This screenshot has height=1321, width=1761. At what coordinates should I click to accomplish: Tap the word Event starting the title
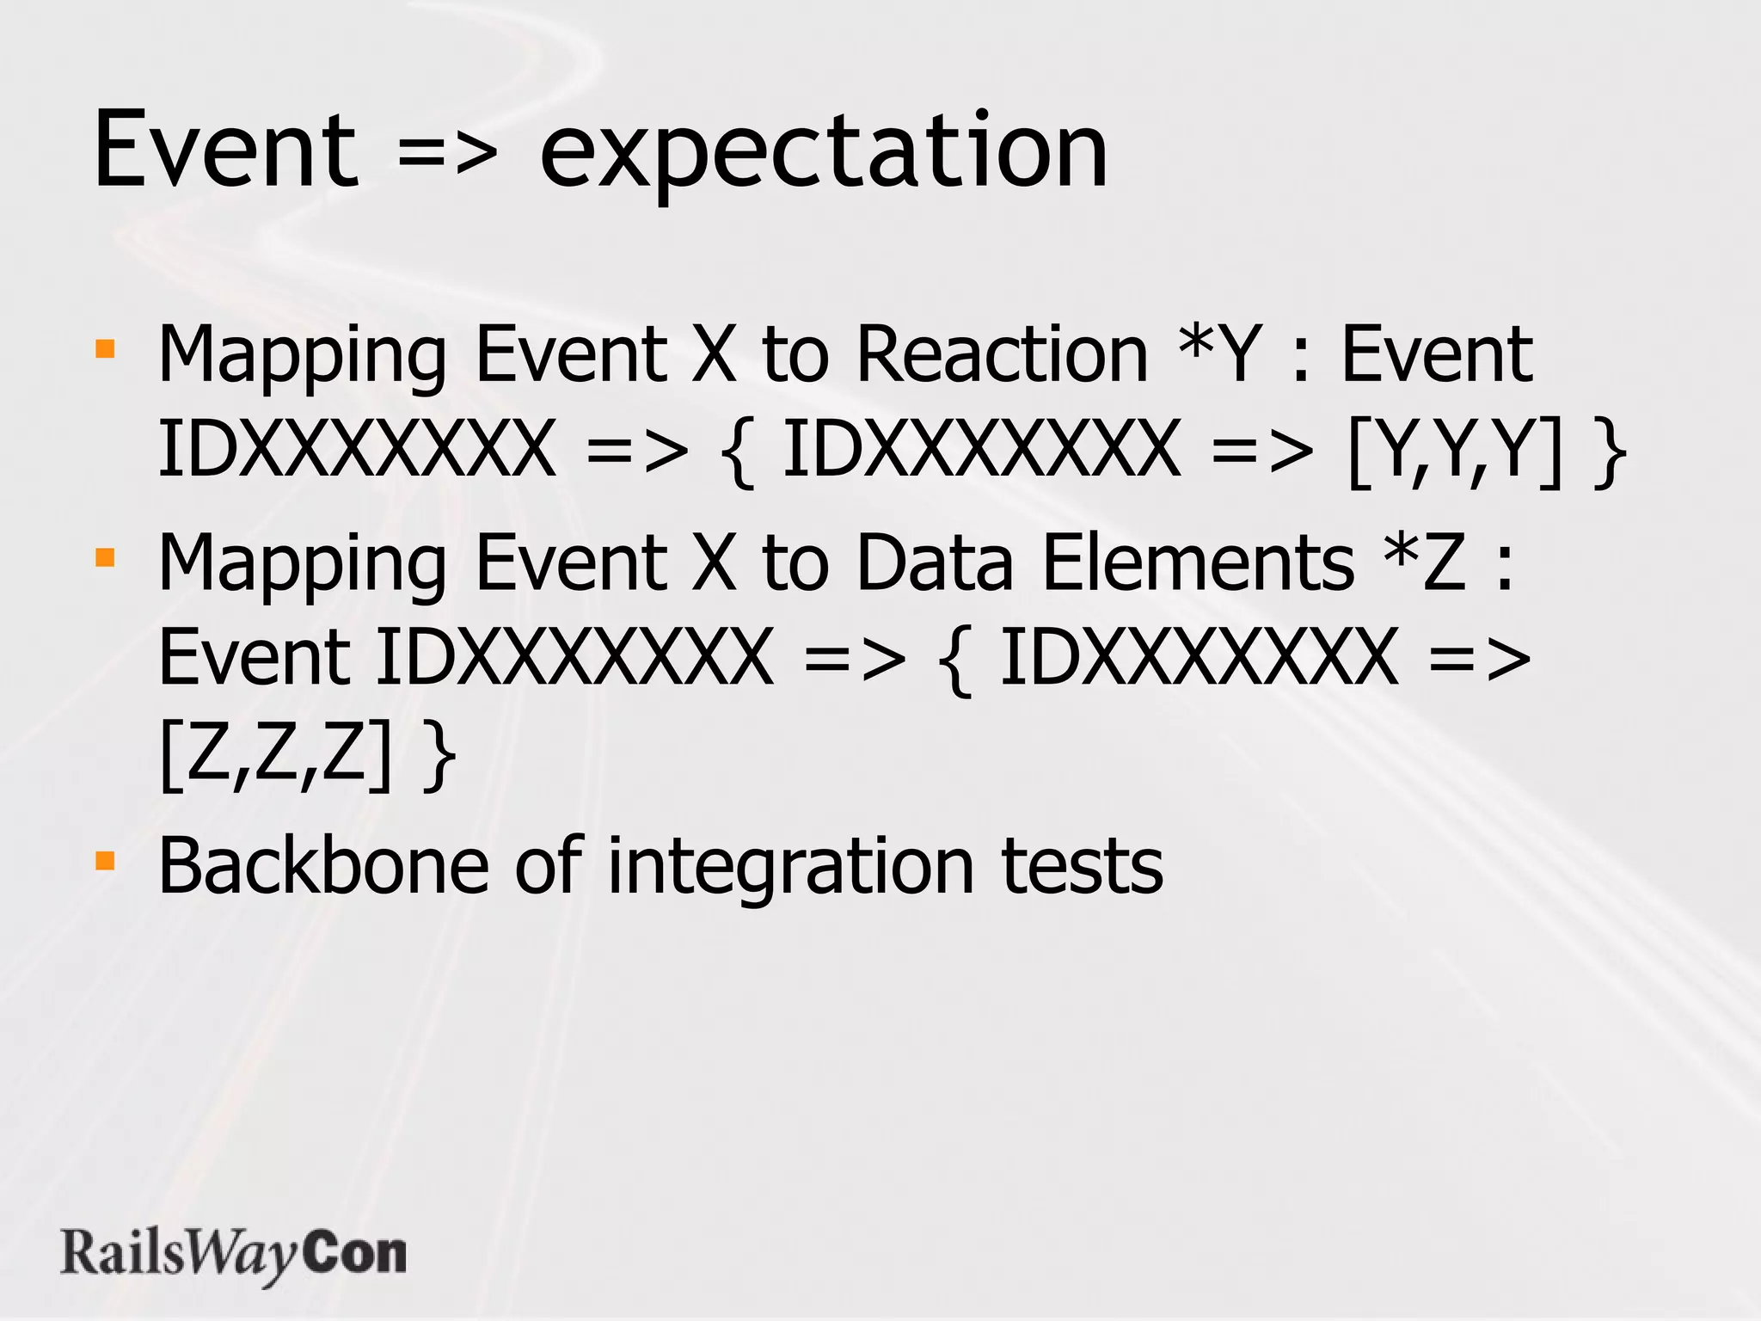(x=225, y=151)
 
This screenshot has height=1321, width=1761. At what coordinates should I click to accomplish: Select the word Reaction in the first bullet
(x=1002, y=354)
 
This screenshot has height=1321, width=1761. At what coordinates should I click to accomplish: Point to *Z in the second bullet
(x=1423, y=562)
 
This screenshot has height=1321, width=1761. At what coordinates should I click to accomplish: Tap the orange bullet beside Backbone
(x=105, y=861)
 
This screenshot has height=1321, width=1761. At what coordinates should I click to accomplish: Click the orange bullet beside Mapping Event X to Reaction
(x=105, y=348)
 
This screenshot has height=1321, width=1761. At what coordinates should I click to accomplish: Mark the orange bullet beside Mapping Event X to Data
(x=105, y=558)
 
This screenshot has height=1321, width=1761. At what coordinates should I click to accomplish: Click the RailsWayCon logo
(x=233, y=1255)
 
